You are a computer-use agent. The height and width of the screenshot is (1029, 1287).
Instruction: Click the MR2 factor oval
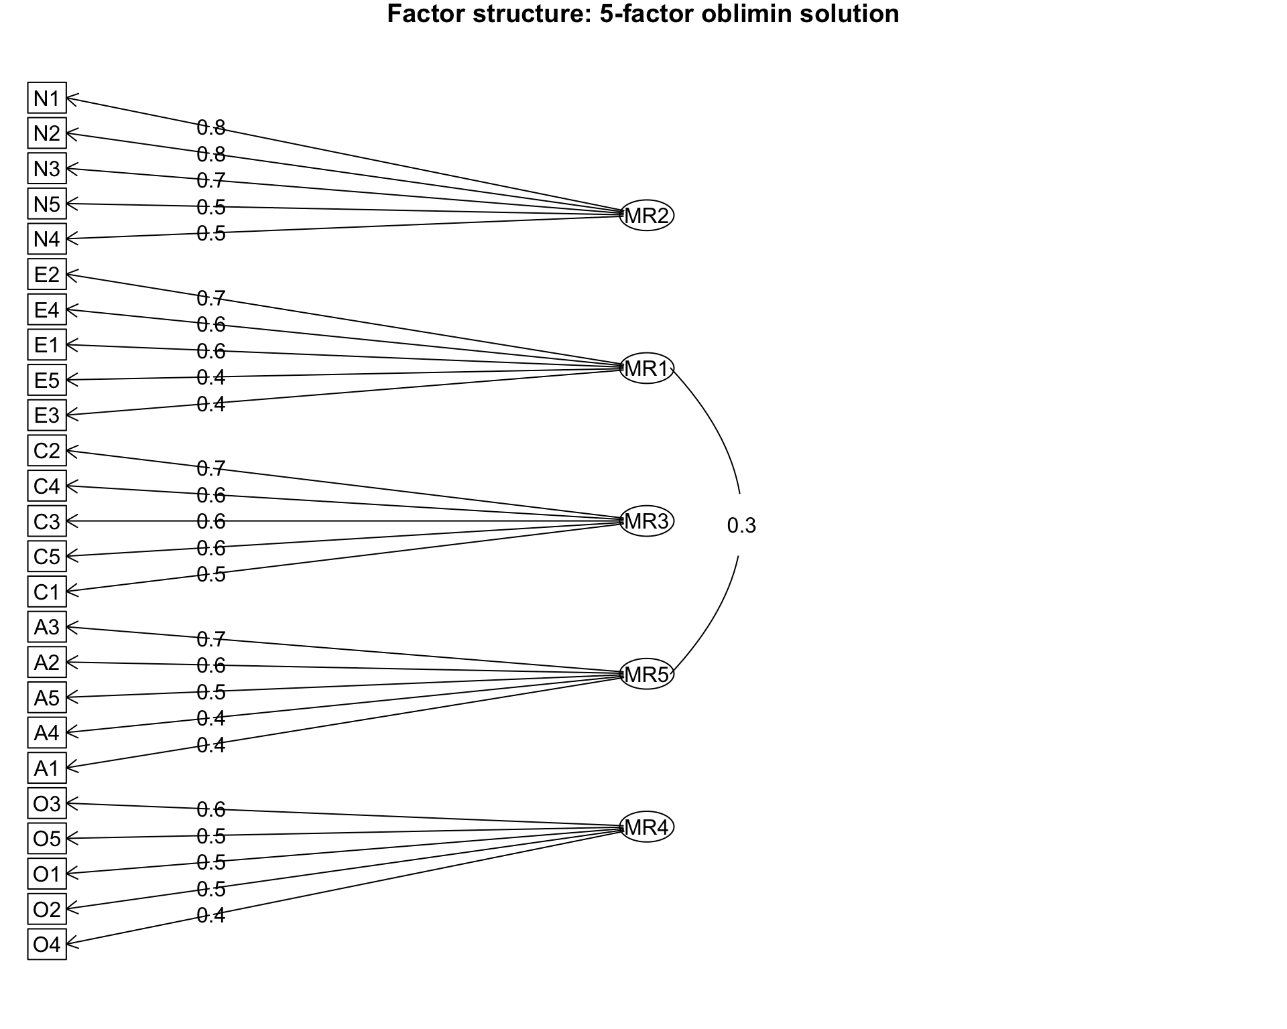tap(646, 216)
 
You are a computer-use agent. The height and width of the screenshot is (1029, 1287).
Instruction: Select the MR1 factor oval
tap(646, 368)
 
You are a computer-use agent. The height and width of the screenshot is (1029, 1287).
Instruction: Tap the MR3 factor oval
tap(646, 521)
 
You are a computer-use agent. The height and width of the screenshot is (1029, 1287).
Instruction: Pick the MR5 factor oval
tap(646, 675)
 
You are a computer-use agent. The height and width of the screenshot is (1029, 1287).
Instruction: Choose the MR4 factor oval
tap(646, 827)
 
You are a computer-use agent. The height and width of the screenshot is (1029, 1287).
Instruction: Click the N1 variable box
tap(47, 98)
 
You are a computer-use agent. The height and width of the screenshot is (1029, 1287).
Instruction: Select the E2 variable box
tap(47, 275)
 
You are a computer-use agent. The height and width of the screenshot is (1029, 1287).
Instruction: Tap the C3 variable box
tap(47, 521)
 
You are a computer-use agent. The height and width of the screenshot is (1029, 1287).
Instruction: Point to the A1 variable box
tap(47, 768)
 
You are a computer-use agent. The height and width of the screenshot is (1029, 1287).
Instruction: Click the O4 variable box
tap(47, 945)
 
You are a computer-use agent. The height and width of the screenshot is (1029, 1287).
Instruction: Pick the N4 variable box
tap(47, 239)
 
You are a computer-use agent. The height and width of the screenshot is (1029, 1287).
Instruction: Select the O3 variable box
tap(47, 803)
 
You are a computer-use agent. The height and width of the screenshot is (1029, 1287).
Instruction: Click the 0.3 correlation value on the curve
tap(741, 526)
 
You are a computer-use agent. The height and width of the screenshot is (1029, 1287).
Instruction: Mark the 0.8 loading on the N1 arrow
tap(210, 127)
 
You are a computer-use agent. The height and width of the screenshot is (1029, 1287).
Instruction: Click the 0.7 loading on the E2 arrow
tap(210, 298)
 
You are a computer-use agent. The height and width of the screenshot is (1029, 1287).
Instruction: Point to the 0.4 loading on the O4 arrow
tap(210, 915)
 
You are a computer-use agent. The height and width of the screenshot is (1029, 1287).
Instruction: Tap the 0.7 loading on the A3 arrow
tap(210, 640)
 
